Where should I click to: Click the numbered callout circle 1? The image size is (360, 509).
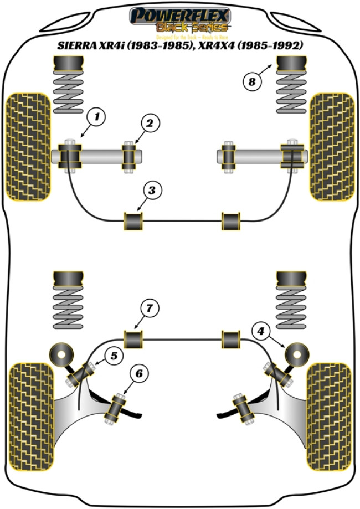click(96, 117)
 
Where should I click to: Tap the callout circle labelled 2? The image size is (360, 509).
click(148, 124)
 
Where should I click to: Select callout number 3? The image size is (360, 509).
click(152, 191)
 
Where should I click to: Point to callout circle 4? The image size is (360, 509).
click(260, 331)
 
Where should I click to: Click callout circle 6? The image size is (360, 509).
click(138, 375)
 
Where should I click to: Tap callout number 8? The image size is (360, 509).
click(252, 83)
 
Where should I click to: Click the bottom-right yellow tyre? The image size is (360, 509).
click(330, 408)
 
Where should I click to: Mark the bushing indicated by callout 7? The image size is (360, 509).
click(133, 339)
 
